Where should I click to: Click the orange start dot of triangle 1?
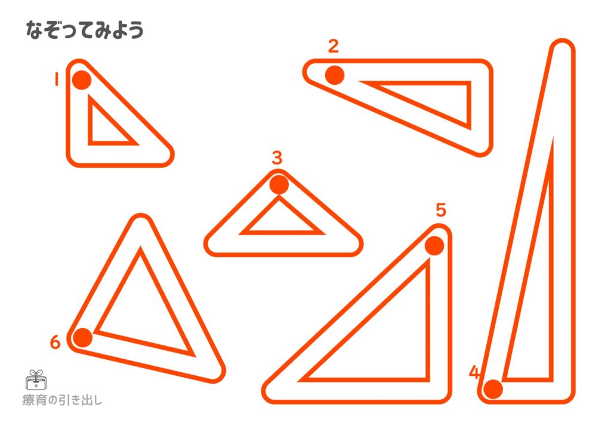coord(82,80)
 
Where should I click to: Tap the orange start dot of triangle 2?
coord(335,75)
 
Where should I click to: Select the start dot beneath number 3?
coord(279,184)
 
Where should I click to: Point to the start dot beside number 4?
coord(493,389)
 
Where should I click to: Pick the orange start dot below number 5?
coord(434,246)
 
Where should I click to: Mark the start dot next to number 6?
coord(82,337)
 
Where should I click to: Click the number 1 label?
coord(57,79)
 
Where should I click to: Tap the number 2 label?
coord(334,47)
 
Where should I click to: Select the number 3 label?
coord(277,158)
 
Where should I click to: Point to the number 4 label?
coord(474,372)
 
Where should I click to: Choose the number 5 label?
coord(441,210)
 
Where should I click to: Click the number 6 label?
coord(55,342)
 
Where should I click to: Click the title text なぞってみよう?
coord(85,30)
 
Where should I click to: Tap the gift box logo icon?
coord(36,380)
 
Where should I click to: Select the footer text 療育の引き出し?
coord(62,400)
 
